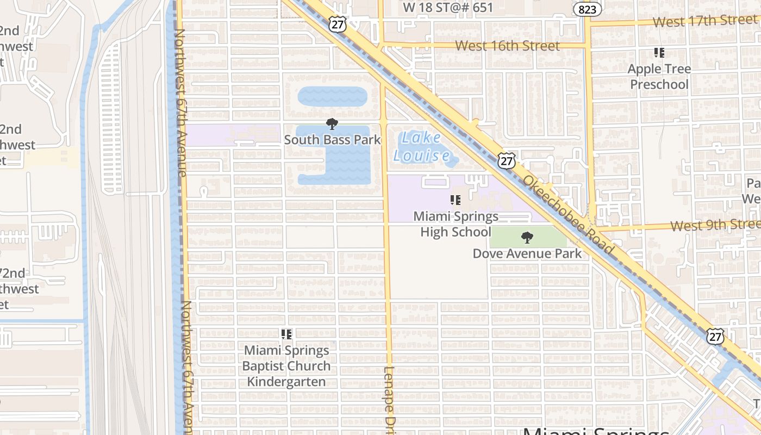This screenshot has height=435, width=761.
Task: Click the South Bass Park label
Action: (333, 140)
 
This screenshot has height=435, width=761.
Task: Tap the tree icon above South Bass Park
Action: (332, 124)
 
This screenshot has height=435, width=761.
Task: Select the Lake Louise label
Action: (422, 147)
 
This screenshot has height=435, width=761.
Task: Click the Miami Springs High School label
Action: (456, 224)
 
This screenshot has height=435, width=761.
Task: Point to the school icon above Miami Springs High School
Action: (456, 200)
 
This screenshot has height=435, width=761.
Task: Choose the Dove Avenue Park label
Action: (527, 253)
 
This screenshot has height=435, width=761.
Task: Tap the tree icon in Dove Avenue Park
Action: (526, 238)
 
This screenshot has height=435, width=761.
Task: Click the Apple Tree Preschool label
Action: (659, 77)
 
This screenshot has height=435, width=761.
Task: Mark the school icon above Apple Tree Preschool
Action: (659, 53)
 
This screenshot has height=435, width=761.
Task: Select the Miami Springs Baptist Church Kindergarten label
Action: (286, 366)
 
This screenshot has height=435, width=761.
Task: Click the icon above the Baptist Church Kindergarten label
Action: (286, 334)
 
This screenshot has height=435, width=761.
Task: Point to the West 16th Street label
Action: (507, 46)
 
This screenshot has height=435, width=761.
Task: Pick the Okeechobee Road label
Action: (569, 216)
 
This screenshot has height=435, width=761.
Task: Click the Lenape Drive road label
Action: (389, 400)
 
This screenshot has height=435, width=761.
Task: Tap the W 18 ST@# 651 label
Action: (448, 8)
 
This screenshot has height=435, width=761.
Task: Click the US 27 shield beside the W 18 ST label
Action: (338, 24)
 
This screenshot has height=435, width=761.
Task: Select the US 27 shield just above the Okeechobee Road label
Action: (507, 160)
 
